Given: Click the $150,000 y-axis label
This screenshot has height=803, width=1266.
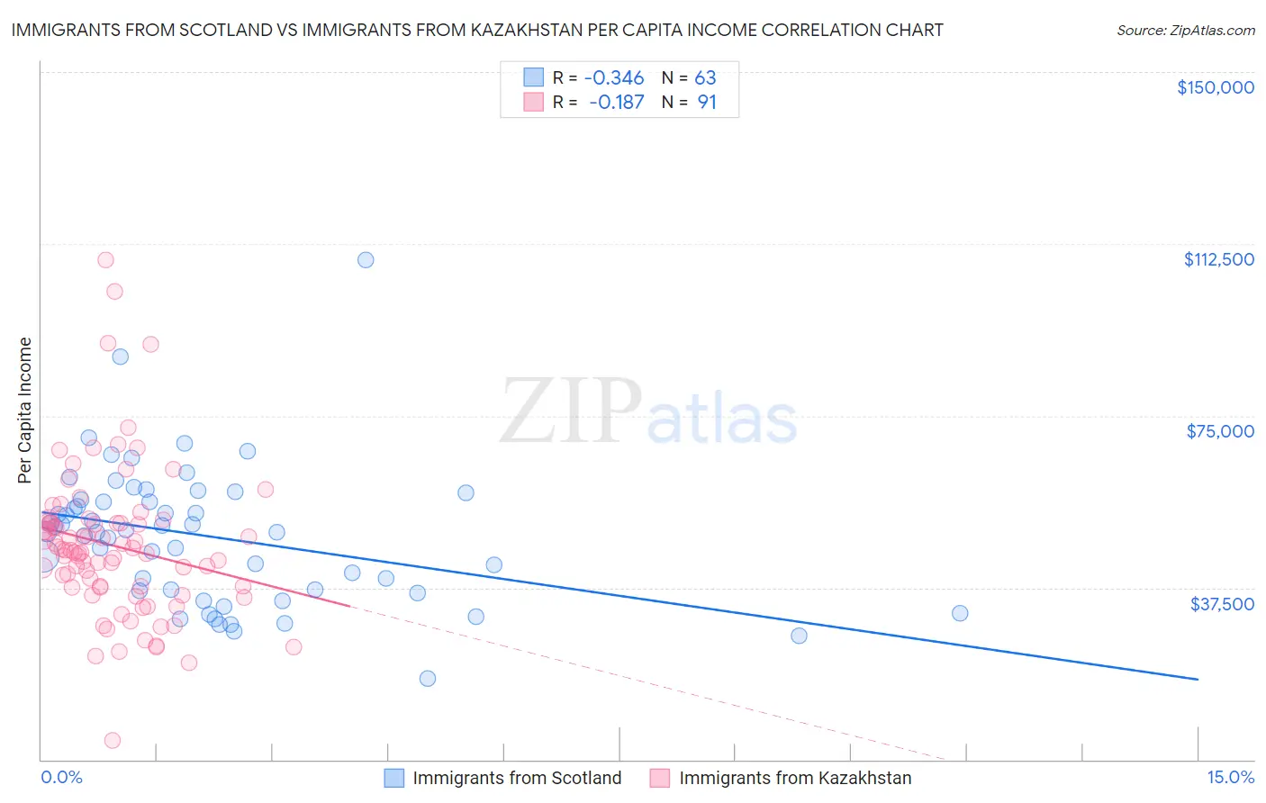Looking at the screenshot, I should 1215,87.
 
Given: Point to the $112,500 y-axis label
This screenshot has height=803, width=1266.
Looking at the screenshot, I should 1218,259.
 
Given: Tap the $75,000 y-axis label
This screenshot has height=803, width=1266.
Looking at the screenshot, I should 1219,431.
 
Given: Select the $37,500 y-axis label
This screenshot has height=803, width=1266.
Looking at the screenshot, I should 1222,604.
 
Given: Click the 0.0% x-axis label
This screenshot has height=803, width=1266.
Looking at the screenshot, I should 61,777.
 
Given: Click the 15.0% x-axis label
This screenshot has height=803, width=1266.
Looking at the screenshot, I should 1230,777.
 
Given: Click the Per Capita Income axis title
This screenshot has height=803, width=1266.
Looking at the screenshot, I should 25,410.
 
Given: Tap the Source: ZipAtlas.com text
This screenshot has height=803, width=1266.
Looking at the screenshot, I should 1185,31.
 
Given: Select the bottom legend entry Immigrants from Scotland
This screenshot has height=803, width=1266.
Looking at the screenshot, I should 516,778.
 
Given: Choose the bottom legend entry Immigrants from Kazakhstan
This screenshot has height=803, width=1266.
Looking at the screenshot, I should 794,778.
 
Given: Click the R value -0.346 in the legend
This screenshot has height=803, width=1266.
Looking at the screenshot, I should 614,77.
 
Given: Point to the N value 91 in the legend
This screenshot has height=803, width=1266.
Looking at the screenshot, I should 707,103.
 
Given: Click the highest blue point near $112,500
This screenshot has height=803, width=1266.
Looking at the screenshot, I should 366,260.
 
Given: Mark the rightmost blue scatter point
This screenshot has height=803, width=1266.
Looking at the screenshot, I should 960,613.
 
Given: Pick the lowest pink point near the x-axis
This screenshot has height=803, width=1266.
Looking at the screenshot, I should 113,740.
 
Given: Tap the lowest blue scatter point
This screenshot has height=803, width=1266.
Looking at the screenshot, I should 428,678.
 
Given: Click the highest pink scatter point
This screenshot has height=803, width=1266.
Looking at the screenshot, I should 105,260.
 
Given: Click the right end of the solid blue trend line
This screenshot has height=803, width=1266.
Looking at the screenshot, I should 1198,679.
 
